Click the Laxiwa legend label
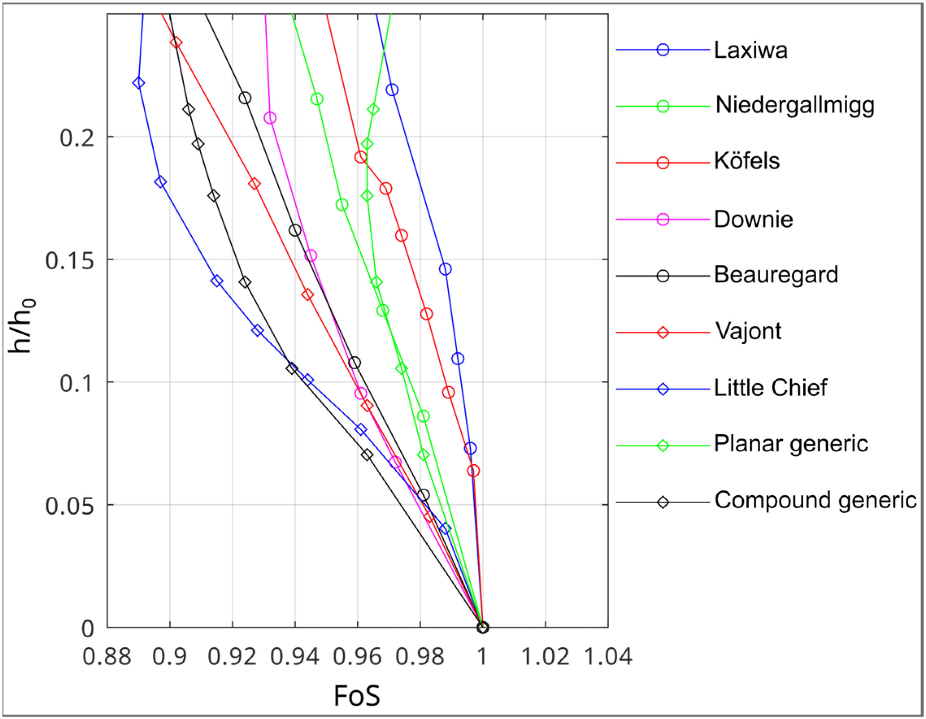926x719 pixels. click(750, 50)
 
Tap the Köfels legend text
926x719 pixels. click(747, 162)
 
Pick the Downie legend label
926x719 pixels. click(753, 219)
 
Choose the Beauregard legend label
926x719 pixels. click(776, 275)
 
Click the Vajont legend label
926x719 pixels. click(748, 331)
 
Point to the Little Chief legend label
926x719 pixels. click(770, 388)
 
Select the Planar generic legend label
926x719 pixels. click(791, 444)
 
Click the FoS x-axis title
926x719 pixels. click(357, 696)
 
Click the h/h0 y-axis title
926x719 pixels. click(21, 326)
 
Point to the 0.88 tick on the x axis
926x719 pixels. click(107, 657)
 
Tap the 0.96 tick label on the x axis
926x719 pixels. click(357, 657)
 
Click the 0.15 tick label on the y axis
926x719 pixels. click(69, 260)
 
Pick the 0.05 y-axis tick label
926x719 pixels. click(69, 506)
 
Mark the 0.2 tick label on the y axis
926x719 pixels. click(77, 138)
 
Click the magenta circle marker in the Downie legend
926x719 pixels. click(663, 219)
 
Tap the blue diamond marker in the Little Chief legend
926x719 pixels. click(663, 389)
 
